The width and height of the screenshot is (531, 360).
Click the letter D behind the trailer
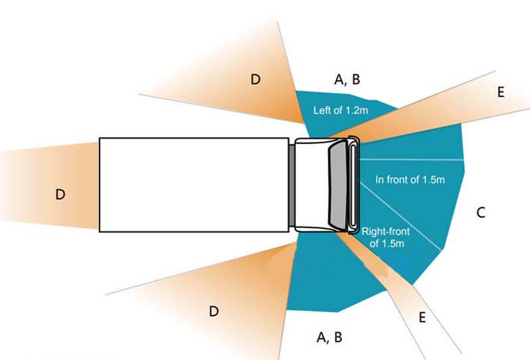pyautogui.click(x=60, y=195)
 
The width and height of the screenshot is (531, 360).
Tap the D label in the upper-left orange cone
pyautogui.click(x=256, y=80)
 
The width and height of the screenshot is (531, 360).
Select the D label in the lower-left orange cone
pyautogui.click(x=214, y=312)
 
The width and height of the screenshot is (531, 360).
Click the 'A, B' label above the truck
pyautogui.click(x=347, y=80)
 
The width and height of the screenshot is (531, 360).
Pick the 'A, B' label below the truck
pyautogui.click(x=329, y=337)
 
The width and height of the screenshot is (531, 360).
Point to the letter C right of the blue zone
pyautogui.click(x=481, y=213)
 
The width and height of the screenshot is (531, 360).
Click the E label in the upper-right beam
pyautogui.click(x=501, y=92)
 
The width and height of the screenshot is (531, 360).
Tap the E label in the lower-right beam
pyautogui.click(x=422, y=317)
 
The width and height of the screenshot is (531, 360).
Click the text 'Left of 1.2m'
pyautogui.click(x=341, y=110)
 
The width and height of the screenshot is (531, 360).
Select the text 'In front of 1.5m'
pyautogui.click(x=410, y=179)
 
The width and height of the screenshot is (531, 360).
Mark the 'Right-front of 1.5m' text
pyautogui.click(x=386, y=237)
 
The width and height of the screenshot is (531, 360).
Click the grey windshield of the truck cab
pyautogui.click(x=339, y=185)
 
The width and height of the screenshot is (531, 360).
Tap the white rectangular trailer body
pyautogui.click(x=194, y=185)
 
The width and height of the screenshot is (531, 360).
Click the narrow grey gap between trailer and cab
pyautogui.click(x=291, y=185)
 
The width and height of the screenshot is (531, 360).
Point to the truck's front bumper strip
pyautogui.click(x=353, y=185)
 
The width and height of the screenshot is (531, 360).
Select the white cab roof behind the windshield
pyautogui.click(x=312, y=185)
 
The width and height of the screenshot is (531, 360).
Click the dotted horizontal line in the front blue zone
pyautogui.click(x=412, y=159)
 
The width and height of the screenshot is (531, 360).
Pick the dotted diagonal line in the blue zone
pyautogui.click(x=401, y=217)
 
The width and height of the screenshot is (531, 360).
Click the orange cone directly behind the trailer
pyautogui.click(x=49, y=185)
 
